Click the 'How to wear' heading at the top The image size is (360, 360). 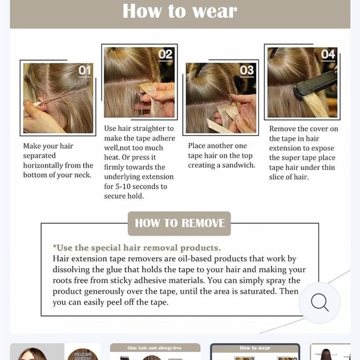coord(179,11)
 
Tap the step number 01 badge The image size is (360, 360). coord(84,70)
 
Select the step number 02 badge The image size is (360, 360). coord(165,55)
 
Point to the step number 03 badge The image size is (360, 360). coord(246,70)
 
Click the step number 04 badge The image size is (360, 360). coord(327,55)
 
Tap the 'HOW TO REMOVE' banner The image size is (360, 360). coord(179,223)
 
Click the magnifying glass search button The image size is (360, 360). coord(320,303)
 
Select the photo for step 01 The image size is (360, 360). coord(58,97)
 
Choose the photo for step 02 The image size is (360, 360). coord(139,82)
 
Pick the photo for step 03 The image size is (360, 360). coord(221,97)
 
